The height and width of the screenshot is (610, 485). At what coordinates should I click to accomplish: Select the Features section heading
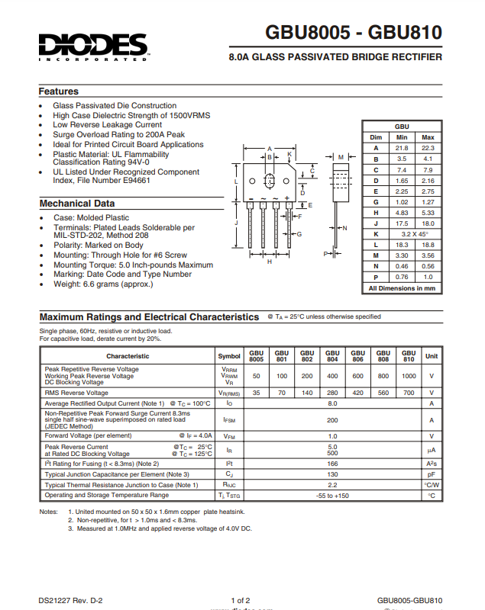[x=59, y=91]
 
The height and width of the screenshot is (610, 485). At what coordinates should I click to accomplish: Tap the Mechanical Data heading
[x=77, y=204]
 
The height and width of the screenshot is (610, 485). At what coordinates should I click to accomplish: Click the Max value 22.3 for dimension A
[x=428, y=147]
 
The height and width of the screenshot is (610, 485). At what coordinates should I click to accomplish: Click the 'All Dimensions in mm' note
[x=402, y=288]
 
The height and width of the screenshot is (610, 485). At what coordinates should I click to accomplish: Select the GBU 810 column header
[x=409, y=356]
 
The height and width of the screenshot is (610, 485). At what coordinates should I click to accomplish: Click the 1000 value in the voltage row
[x=409, y=376]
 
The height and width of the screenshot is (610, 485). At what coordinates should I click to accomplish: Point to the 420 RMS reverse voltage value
[x=357, y=393]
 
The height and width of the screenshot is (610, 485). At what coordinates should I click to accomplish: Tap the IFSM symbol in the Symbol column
[x=229, y=420]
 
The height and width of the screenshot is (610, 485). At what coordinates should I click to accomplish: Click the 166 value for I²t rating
[x=332, y=463]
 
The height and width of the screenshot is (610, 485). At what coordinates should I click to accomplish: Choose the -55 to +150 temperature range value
[x=332, y=495]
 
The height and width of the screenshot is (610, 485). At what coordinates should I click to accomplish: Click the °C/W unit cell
[x=432, y=484]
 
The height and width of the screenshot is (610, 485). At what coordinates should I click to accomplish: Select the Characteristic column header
[x=128, y=356]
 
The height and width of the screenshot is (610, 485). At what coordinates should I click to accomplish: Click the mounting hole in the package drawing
[x=269, y=182]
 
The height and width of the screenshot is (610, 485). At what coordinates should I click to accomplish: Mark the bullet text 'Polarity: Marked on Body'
[x=98, y=246]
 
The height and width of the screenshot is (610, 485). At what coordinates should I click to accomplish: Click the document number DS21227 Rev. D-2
[x=71, y=600]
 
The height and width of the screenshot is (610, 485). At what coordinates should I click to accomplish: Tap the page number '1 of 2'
[x=241, y=600]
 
